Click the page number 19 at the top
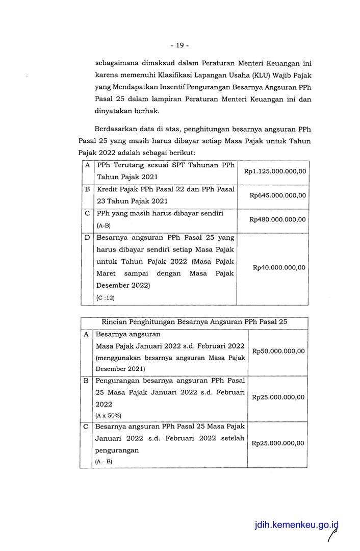coord(179,45)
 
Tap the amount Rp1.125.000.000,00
coord(275,171)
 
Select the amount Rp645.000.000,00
coord(278,195)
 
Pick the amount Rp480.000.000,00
coord(278,219)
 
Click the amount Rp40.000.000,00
coord(279,267)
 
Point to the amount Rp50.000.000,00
coord(278,351)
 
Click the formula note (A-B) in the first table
coord(103,226)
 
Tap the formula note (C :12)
coord(106,298)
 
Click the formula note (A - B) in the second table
coord(104,461)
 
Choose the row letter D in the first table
coord(88,238)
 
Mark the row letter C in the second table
coord(86,426)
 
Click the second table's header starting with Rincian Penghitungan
coord(194,322)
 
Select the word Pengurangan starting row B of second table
coord(118,380)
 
